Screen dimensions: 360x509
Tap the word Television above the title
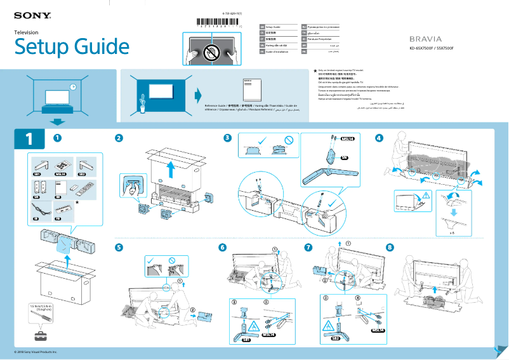click(x=27, y=32)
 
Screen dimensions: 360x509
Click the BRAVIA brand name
click(x=431, y=39)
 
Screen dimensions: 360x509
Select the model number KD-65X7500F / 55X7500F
click(x=432, y=48)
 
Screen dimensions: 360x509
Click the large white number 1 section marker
click(x=29, y=138)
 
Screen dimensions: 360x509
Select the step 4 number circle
click(x=379, y=138)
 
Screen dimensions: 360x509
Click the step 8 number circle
click(x=390, y=246)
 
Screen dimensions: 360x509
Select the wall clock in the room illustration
click(x=73, y=87)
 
